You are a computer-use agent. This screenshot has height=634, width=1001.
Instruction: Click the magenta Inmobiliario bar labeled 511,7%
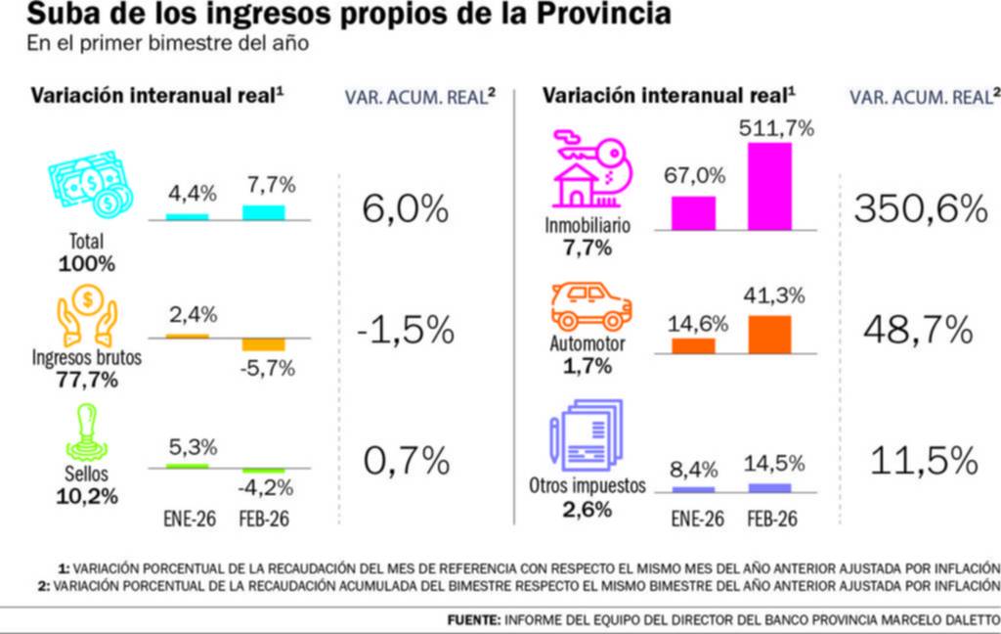coord(769,186)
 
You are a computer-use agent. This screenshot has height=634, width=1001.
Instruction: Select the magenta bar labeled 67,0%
coord(693,212)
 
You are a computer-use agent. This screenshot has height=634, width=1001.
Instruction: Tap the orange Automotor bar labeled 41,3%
coord(769,334)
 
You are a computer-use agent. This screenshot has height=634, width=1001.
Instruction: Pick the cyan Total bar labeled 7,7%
coord(263,212)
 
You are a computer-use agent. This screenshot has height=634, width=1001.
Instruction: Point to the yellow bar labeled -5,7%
coord(263,344)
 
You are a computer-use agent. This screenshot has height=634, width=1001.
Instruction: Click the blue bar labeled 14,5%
coord(769,486)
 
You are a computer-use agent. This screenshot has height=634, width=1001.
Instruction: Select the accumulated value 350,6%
coord(920,208)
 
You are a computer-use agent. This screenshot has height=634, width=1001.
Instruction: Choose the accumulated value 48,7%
coord(918,331)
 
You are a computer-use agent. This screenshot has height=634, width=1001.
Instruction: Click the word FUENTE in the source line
coord(474,620)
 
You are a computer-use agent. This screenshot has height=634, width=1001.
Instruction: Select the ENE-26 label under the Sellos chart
coord(188,518)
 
